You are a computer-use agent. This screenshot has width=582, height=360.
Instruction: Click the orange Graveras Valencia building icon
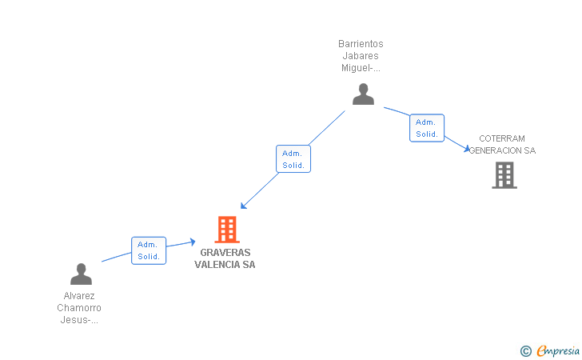[228, 230]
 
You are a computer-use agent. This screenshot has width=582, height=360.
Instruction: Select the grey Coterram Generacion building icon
[504, 175]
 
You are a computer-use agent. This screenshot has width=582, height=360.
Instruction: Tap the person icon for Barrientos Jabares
[363, 94]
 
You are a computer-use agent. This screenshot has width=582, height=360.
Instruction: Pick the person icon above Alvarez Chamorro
[81, 274]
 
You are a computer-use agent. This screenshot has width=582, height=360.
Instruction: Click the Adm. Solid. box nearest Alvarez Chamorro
[149, 250]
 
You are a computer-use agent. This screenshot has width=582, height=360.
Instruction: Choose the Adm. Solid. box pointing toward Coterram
[427, 128]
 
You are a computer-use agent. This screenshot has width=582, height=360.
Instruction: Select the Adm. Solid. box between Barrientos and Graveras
[293, 158]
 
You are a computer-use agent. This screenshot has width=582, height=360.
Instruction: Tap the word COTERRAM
[502, 138]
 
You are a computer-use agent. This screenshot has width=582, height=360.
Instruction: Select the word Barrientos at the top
[361, 44]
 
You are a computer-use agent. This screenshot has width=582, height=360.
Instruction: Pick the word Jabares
[361, 56]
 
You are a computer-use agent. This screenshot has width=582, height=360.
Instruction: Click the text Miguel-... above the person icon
[361, 68]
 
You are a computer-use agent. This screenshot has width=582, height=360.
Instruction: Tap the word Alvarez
[79, 295]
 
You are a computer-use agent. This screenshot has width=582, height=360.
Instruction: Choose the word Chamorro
[79, 307]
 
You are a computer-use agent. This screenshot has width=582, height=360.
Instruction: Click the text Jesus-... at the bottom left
[79, 319]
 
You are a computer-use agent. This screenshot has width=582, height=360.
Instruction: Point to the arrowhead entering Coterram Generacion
[467, 148]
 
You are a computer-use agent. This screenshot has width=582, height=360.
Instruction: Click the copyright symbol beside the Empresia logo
[525, 350]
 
